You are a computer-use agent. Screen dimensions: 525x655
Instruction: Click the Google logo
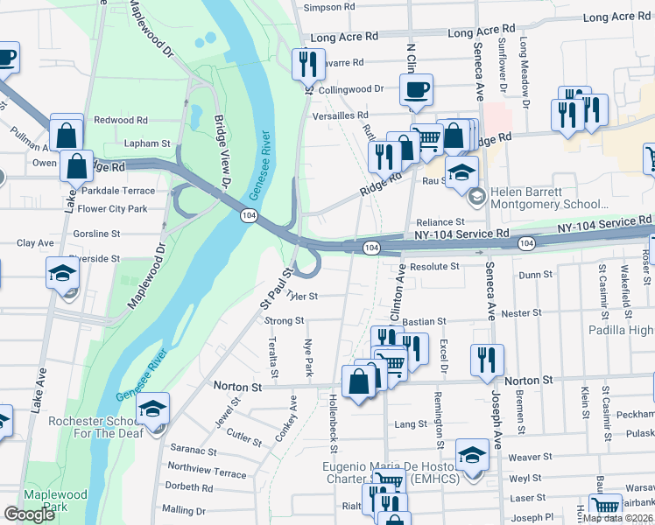click(29, 514)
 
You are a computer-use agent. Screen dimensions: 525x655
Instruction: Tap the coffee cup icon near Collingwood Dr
click(415, 89)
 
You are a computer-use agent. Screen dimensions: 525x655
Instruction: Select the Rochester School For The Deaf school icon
click(152, 409)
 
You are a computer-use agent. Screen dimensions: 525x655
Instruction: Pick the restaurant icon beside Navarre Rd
click(307, 63)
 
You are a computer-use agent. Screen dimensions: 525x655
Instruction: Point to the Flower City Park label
click(112, 209)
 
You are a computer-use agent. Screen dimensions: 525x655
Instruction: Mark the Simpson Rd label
click(328, 8)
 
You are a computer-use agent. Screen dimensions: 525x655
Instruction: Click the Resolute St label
click(434, 266)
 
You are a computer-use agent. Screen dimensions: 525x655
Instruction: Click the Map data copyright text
click(618, 517)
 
